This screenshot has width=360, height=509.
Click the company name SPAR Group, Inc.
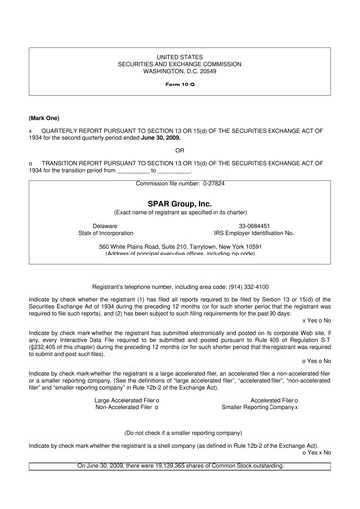point(179,203)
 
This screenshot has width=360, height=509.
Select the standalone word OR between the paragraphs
point(179,151)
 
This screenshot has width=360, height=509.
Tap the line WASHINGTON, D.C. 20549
point(179,71)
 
